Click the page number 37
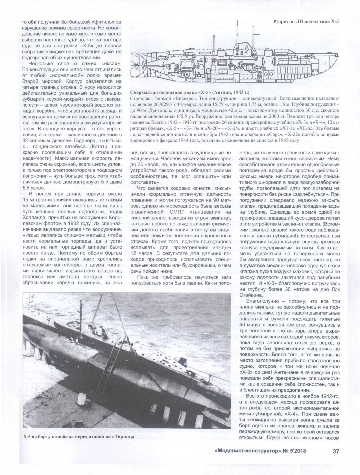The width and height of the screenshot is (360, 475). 336,451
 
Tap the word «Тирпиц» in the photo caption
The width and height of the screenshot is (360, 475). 123,438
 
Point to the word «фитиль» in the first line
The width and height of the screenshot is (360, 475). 101,22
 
